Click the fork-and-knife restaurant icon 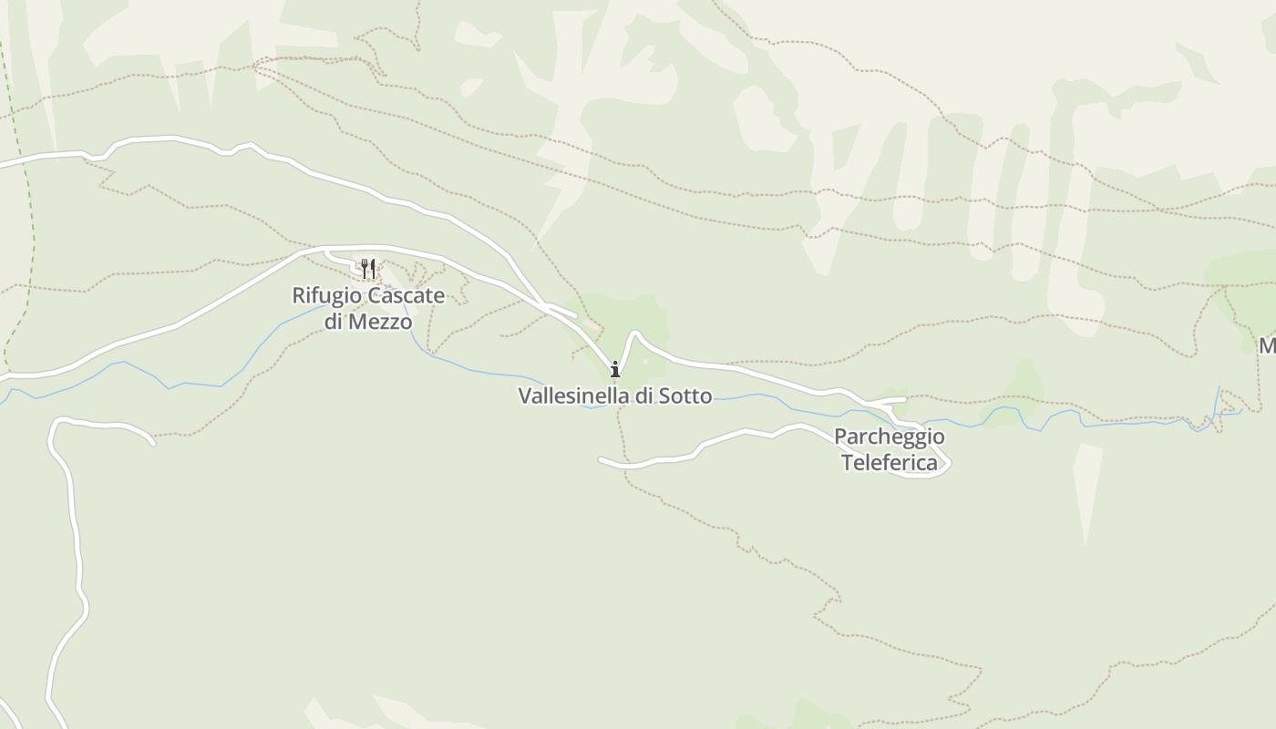point(367,268)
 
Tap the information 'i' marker point(615,369)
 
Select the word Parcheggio point(889,436)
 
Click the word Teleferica point(889,463)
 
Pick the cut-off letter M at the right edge point(1268,346)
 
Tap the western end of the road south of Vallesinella point(601,458)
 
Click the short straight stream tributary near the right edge point(1218,401)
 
